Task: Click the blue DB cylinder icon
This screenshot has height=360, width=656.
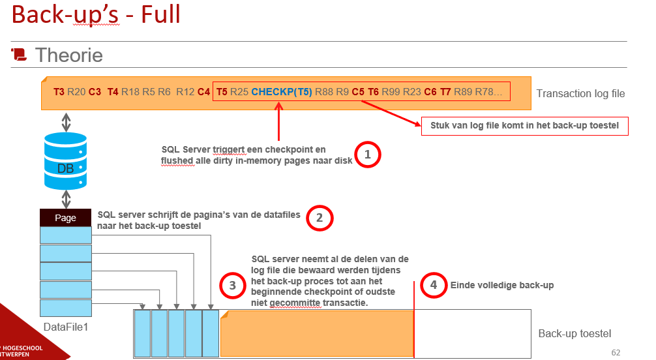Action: tap(66, 160)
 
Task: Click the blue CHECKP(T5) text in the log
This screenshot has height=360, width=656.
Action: tap(282, 92)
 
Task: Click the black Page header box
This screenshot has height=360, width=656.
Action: tap(66, 218)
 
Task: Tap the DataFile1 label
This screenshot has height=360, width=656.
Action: tap(66, 327)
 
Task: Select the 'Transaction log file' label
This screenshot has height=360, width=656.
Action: tap(581, 93)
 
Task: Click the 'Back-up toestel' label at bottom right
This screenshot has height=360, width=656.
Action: tap(574, 334)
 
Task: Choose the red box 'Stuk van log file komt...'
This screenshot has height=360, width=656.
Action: tap(525, 126)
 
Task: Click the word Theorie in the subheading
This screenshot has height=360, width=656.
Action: tap(69, 55)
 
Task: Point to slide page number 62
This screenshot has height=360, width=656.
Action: tap(616, 352)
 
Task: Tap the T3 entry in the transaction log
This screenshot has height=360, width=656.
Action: tap(59, 92)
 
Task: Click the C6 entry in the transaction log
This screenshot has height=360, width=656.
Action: tap(430, 92)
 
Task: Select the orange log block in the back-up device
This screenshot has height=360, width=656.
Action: tap(317, 334)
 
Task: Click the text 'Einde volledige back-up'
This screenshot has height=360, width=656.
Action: tap(502, 285)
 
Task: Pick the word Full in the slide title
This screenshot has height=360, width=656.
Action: tap(160, 14)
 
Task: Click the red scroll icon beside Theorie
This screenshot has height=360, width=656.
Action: tap(19, 54)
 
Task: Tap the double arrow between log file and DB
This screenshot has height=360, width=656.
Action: tap(66, 122)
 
